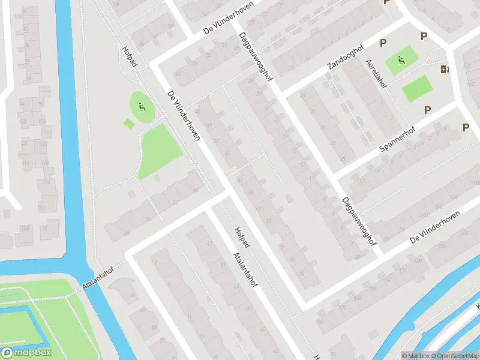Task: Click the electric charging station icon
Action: point(444,70)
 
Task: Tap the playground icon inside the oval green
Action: point(142,108)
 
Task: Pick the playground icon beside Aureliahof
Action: point(401,59)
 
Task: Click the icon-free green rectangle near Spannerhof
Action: point(417,88)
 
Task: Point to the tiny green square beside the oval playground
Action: point(128,124)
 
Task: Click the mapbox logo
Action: point(26,353)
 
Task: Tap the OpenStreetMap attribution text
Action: point(452,356)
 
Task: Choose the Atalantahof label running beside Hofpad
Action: point(246,268)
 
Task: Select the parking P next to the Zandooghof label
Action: point(382,42)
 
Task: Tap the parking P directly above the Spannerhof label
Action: point(427,110)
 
